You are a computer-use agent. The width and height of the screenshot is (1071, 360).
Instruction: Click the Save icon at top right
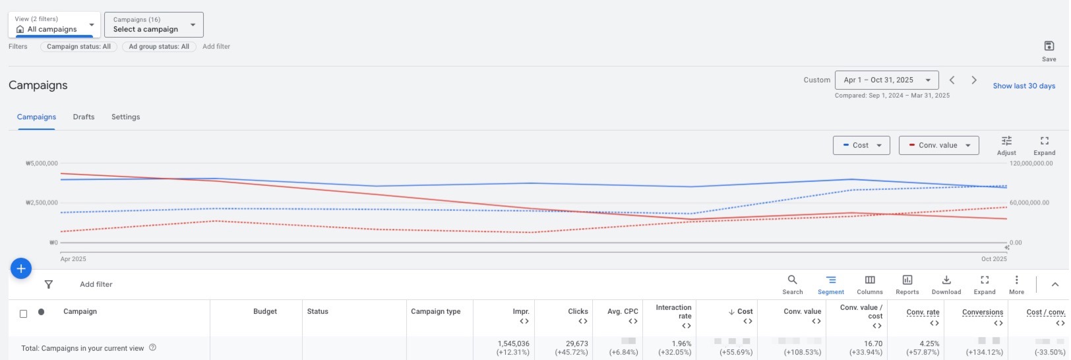pos(1049,46)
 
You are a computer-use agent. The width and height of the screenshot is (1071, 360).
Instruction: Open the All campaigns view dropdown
pos(55,25)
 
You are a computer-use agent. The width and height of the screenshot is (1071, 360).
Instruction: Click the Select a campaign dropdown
pos(154,25)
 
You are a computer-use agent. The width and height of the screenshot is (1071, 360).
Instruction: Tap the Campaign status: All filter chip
pos(78,47)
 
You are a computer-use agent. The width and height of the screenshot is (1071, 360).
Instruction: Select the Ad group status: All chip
pos(159,47)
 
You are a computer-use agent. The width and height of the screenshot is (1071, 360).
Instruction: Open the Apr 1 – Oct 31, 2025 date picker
pos(886,80)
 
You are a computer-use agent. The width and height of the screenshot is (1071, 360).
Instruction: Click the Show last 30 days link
pos(1024,86)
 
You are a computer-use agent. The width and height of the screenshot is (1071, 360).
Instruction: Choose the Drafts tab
pos(84,117)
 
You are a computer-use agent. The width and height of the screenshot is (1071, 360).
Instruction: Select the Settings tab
pos(125,117)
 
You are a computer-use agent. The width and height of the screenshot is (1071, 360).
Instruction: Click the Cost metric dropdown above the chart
pos(861,145)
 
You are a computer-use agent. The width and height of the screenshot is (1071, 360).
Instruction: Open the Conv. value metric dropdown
pos(938,145)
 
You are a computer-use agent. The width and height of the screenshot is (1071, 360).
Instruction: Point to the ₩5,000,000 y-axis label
pos(42,164)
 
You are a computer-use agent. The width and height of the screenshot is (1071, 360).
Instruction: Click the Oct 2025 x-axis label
pos(994,259)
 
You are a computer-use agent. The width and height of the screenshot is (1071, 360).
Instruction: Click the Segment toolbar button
pos(831,284)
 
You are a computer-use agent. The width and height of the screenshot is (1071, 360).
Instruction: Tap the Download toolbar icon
pos(946,284)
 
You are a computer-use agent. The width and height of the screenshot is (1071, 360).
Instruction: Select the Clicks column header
pos(578,311)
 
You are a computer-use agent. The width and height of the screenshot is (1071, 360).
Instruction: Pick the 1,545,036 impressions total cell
pos(513,344)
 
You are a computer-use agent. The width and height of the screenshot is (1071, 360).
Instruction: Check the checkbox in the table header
pos(24,314)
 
